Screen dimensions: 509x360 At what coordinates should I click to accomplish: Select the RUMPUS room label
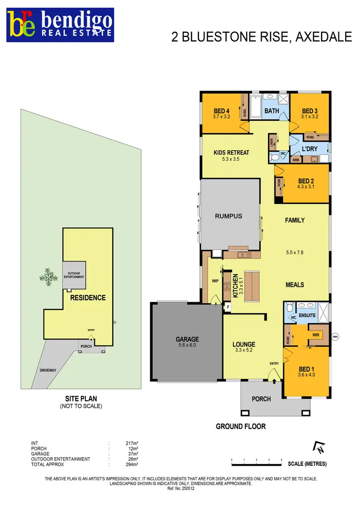(x=228, y=216)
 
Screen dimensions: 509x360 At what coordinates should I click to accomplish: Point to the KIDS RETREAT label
(x=231, y=153)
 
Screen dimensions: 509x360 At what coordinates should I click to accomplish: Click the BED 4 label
(x=221, y=111)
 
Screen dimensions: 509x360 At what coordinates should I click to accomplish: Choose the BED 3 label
(x=310, y=111)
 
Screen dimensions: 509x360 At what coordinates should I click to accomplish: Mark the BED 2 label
(x=305, y=181)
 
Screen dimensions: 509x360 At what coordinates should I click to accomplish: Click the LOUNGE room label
(x=244, y=344)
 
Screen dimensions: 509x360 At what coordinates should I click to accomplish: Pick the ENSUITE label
(x=308, y=316)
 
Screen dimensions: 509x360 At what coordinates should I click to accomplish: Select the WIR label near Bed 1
(x=315, y=333)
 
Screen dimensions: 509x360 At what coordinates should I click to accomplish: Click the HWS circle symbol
(x=335, y=336)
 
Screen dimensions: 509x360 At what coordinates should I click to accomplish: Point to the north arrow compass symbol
(x=318, y=448)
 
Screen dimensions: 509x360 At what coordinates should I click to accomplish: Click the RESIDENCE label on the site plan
(x=87, y=298)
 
